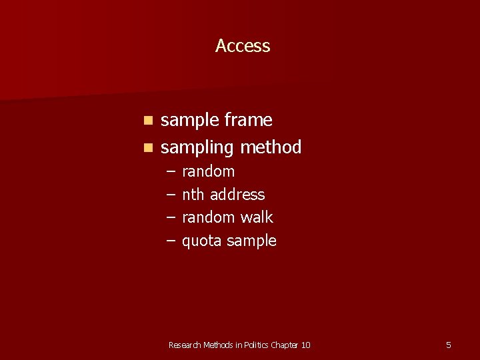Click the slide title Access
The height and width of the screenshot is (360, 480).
click(243, 46)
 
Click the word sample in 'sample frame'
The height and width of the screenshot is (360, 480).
click(190, 121)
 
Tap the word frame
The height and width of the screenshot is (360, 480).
click(248, 121)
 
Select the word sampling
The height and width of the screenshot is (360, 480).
click(197, 147)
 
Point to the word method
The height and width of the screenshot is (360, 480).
click(271, 147)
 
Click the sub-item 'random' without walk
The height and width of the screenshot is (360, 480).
click(208, 171)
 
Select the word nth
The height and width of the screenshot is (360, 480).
click(193, 195)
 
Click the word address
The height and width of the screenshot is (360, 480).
click(237, 195)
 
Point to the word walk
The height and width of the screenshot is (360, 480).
click(257, 217)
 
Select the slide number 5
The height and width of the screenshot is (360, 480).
click(448, 345)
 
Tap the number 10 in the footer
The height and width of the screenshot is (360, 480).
click(305, 345)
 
